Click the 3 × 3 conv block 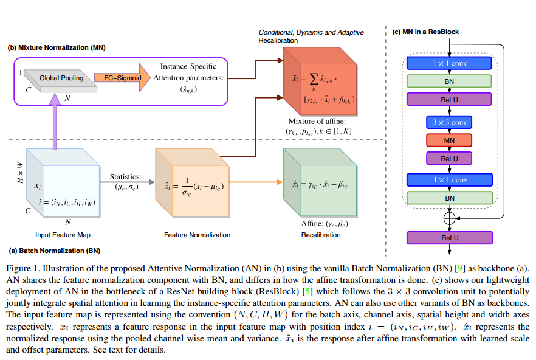(x=450, y=122)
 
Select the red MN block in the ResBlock (x=450, y=140)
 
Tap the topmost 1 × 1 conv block (x=450, y=63)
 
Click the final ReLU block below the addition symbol (x=450, y=238)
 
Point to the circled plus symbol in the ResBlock (x=450, y=216)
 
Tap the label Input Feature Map (x=54, y=234)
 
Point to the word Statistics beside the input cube (x=125, y=177)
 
